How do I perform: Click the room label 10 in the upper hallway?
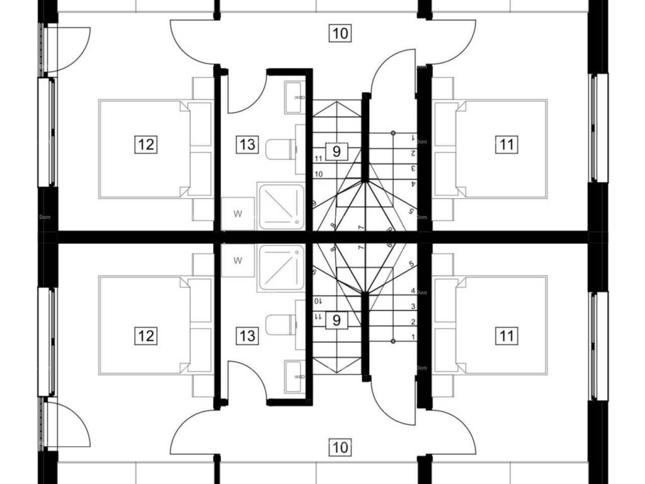tap(340, 33)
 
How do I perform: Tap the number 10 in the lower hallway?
tap(340, 447)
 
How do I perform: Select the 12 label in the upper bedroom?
tap(146, 144)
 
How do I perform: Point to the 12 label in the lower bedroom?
tap(146, 335)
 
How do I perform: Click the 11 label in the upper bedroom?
tap(506, 144)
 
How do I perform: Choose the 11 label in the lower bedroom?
tap(506, 335)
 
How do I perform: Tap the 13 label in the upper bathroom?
tap(248, 144)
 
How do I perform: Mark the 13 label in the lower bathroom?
tap(248, 335)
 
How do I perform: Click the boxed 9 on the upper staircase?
tap(337, 151)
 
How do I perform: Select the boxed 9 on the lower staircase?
tap(337, 320)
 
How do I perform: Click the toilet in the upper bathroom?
tap(280, 149)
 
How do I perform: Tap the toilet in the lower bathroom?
tap(280, 325)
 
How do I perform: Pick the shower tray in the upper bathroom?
tap(281, 206)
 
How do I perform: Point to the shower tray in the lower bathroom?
tap(281, 268)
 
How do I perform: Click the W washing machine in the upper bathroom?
tap(237, 214)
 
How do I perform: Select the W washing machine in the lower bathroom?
tap(237, 260)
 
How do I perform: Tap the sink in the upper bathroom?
tap(294, 98)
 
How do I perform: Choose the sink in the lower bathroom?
tap(294, 376)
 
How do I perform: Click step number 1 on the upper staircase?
tap(413, 137)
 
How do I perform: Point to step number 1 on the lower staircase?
tap(413, 337)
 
